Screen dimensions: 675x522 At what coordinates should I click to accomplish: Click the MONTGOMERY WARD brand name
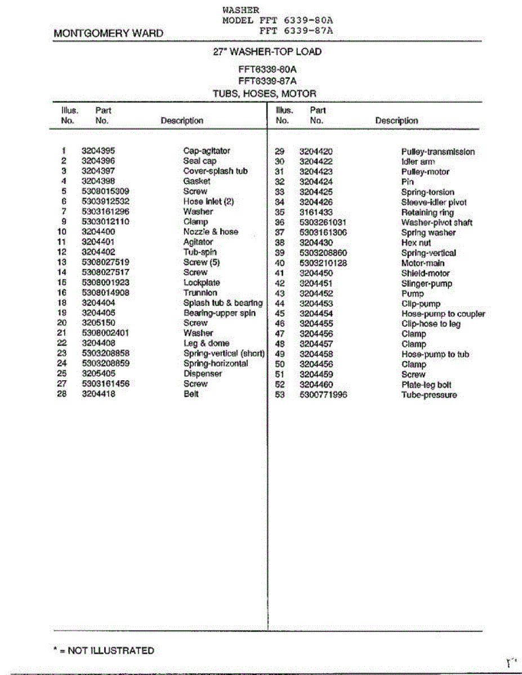click(108, 33)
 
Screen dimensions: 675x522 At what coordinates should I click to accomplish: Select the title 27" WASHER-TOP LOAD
click(267, 52)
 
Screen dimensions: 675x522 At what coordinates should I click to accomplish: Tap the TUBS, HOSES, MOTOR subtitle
click(264, 93)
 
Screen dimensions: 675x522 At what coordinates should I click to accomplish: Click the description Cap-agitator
click(207, 151)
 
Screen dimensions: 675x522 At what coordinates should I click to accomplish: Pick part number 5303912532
click(105, 201)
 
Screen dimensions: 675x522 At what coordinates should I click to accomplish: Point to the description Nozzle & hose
click(211, 232)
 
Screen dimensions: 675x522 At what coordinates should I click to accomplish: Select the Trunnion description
click(200, 292)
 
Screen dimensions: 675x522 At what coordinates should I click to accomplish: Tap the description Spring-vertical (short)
click(224, 353)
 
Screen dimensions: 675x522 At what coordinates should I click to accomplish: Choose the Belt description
click(191, 394)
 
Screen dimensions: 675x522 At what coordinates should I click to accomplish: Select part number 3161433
click(316, 212)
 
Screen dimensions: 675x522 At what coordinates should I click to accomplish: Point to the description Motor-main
click(422, 263)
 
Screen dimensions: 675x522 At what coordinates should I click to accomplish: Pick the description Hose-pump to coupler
click(443, 314)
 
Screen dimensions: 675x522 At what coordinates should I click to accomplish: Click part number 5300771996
click(323, 395)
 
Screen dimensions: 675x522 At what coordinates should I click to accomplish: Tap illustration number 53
click(280, 395)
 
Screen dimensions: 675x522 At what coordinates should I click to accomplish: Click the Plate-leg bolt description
click(426, 385)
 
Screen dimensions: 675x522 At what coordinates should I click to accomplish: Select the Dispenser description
click(203, 373)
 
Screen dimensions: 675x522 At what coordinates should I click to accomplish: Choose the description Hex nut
click(416, 243)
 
